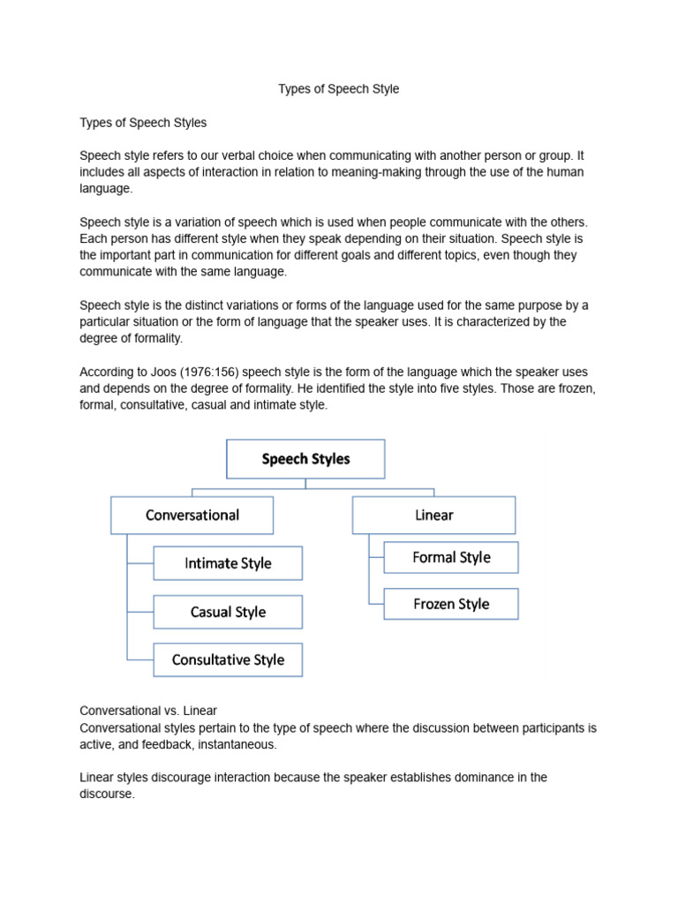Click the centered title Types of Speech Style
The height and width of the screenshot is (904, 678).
point(339,89)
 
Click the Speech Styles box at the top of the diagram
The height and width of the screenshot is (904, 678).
point(305,459)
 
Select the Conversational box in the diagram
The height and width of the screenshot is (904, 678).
point(192,515)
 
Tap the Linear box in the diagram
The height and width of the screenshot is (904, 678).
point(433,515)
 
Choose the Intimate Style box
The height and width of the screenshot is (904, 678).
point(228,563)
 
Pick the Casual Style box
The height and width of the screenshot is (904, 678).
point(228,612)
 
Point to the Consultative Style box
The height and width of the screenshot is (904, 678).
point(228,659)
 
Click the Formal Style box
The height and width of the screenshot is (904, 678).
point(451,557)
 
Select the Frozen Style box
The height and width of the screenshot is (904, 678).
point(451,604)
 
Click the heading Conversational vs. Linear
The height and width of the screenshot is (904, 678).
point(148,711)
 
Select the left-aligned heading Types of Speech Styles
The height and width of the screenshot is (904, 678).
point(143,122)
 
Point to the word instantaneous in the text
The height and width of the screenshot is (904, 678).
point(237,744)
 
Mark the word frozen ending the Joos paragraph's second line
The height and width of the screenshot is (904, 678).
point(576,388)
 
